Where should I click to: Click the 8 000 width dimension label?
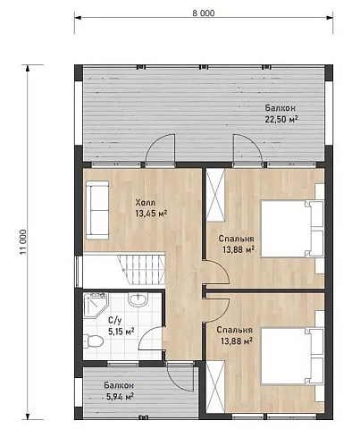[204, 13]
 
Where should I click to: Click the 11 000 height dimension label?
[23, 242]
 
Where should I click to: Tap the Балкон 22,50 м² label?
[281, 114]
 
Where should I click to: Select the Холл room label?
[146, 203]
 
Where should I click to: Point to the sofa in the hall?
[97, 210]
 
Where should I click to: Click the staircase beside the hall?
[141, 270]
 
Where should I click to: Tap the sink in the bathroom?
[138, 299]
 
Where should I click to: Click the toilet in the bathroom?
[93, 341]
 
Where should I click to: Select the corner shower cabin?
[96, 305]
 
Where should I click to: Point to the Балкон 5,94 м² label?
[119, 391]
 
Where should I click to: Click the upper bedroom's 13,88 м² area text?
[239, 249]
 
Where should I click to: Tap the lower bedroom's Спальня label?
[235, 330]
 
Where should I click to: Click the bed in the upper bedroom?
[292, 229]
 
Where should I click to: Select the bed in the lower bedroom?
[292, 356]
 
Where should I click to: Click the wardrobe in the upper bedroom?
[215, 195]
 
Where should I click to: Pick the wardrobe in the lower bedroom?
[215, 387]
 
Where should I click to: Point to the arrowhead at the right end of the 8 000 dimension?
[330, 18]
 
